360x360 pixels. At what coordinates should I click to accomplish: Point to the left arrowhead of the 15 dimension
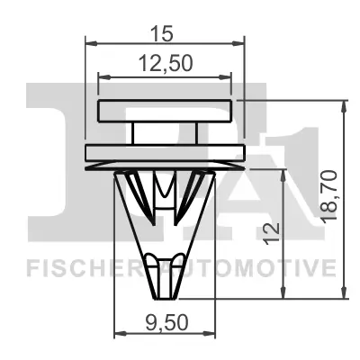click(88, 41)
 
